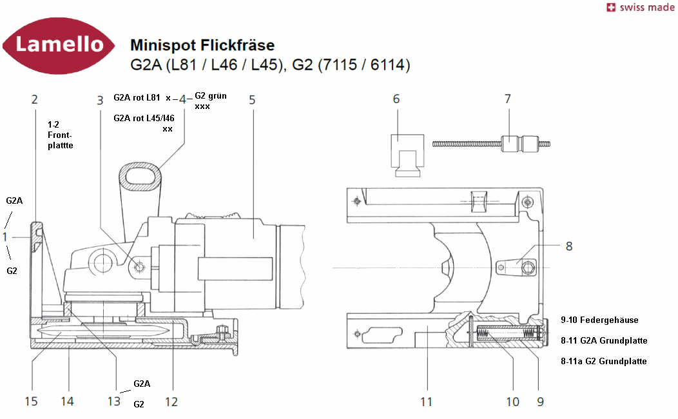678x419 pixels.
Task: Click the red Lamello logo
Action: click(x=59, y=45)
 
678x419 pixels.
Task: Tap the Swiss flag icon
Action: click(x=610, y=8)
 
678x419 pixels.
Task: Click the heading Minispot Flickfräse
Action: click(x=202, y=45)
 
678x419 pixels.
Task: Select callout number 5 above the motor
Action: click(x=252, y=99)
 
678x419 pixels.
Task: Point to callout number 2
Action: click(x=35, y=99)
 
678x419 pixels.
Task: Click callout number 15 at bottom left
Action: click(x=31, y=402)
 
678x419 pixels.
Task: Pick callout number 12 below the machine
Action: click(x=171, y=402)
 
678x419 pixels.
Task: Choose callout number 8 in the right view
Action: click(x=569, y=246)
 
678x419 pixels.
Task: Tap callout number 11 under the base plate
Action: click(x=426, y=402)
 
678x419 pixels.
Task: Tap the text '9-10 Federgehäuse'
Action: click(x=599, y=320)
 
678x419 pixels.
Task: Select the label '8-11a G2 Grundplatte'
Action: click(x=604, y=361)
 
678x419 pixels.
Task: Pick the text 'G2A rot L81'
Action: click(x=137, y=98)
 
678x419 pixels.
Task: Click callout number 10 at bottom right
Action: click(x=512, y=402)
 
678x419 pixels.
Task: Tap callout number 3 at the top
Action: click(x=100, y=99)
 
